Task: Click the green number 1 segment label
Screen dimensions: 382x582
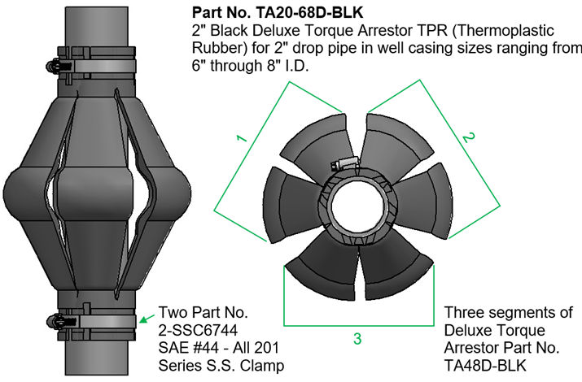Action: [242, 138]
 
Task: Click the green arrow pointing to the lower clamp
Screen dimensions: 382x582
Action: [147, 319]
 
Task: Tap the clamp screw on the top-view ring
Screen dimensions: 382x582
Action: [344, 163]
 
